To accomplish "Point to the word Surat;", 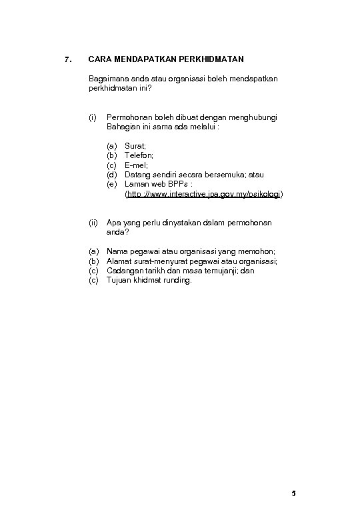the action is (x=135, y=145).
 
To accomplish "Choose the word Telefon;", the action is (x=139, y=155).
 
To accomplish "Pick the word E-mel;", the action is (x=136, y=165).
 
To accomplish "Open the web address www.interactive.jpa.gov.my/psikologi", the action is (x=204, y=194).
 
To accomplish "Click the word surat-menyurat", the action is (x=155, y=261).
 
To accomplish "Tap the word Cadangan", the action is (x=125, y=271).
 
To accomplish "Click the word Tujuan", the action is (x=119, y=281).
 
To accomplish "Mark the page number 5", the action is (x=293, y=494).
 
